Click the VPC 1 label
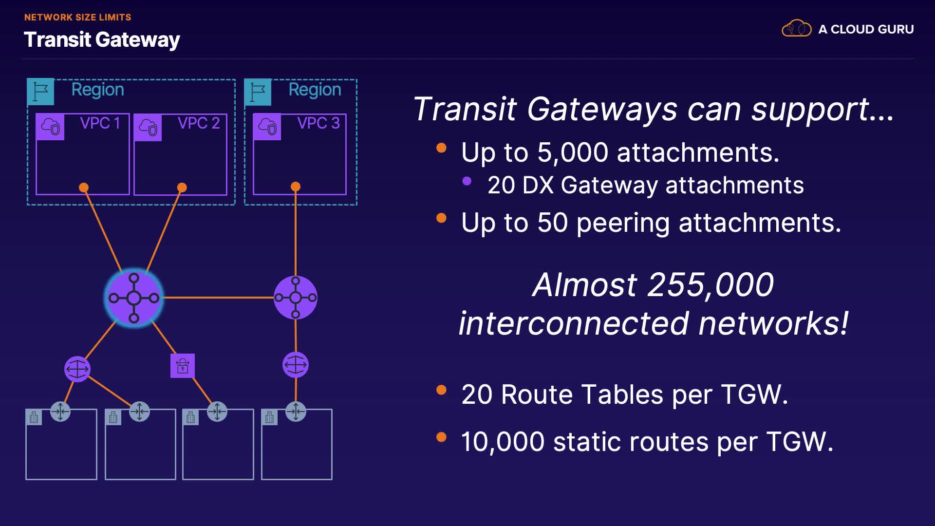pos(100,123)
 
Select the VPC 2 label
pos(198,123)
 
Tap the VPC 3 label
pos(318,123)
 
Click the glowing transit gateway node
pos(134,298)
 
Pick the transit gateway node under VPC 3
pos(296,298)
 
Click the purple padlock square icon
pos(183,366)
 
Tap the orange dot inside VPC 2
pos(182,188)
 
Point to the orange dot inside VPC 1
pos(84,188)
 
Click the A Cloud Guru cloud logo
pos(796,29)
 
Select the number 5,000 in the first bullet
pos(573,152)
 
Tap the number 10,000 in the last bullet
pos(503,442)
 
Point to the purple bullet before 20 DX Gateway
pos(467,181)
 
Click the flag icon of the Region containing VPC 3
pos(258,92)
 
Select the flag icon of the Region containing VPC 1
pos(40,92)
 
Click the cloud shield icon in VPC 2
pos(148,128)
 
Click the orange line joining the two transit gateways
pos(218,297)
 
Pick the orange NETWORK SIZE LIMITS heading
pos(78,17)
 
